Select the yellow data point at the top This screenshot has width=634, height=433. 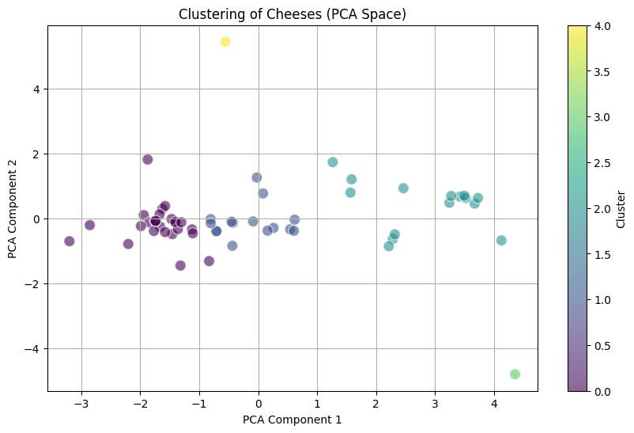(225, 41)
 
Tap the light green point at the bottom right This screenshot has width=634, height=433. (515, 374)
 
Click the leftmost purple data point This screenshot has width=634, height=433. (70, 241)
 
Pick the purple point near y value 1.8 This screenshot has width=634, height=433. (148, 159)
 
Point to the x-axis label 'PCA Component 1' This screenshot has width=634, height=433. (292, 420)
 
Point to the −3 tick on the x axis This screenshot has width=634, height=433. (81, 403)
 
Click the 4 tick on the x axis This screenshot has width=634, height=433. (494, 403)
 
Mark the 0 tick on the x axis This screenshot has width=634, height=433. (259, 403)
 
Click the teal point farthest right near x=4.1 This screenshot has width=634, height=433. (501, 240)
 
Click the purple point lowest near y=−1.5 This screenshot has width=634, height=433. (180, 265)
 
